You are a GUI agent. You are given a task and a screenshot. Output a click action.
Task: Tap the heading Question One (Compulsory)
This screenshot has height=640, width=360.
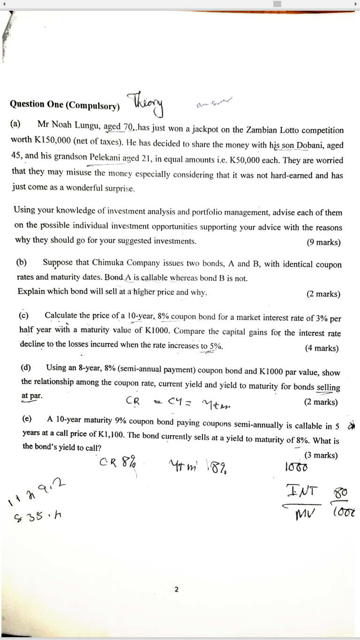[65, 104]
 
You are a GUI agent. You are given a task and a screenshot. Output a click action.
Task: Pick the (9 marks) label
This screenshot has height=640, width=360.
[323, 242]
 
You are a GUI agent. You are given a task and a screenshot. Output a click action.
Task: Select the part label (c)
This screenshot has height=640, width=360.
[23, 315]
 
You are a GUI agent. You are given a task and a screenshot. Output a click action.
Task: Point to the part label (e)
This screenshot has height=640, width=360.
[27, 418]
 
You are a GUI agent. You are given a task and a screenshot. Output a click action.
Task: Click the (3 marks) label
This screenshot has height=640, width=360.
[321, 455]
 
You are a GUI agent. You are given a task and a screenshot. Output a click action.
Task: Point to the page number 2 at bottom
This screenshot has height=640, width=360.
[176, 589]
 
